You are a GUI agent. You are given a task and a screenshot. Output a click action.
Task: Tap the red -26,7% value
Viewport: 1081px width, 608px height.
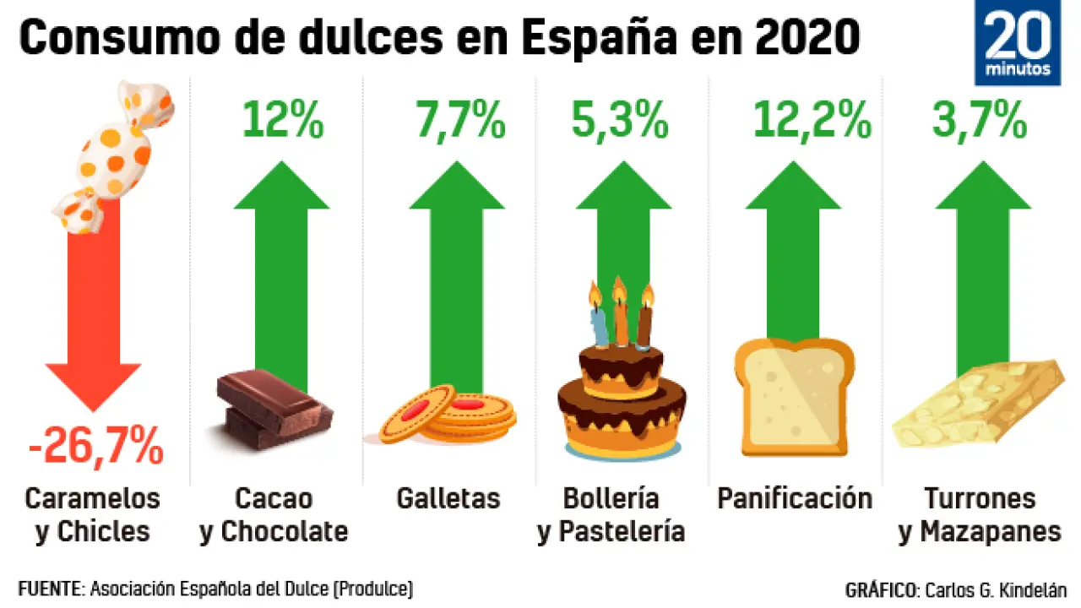(x=95, y=446)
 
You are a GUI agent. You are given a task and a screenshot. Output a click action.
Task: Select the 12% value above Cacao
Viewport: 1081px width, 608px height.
(x=282, y=121)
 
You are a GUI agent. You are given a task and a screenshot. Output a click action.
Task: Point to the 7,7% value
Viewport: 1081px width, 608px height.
(x=460, y=121)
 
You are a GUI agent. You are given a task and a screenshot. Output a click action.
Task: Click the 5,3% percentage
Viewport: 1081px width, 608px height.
(x=623, y=121)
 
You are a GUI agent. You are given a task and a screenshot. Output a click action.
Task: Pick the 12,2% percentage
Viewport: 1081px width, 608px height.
(x=812, y=121)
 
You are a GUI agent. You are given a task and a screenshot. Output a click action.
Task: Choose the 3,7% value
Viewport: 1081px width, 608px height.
(x=980, y=121)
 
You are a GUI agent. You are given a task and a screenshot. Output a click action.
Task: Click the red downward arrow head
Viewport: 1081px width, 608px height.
(x=94, y=385)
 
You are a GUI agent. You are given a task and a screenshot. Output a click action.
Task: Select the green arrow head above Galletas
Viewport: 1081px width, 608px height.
(x=457, y=186)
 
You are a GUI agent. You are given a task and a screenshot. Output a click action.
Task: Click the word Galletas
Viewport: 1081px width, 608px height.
(x=448, y=498)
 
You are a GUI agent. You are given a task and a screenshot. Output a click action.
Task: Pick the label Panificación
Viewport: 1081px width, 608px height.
(x=795, y=498)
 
